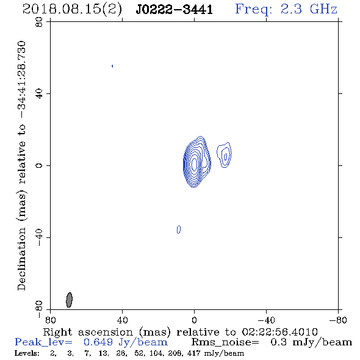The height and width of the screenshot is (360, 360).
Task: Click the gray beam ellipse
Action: (69, 300)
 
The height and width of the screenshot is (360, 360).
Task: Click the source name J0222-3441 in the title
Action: (175, 10)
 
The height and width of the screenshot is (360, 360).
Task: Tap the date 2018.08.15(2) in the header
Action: (72, 10)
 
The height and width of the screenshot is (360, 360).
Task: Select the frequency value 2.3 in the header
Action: (291, 9)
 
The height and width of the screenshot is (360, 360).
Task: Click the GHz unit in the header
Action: (323, 9)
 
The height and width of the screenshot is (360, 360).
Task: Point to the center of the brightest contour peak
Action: (195, 164)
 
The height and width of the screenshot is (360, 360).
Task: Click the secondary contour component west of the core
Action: (225, 155)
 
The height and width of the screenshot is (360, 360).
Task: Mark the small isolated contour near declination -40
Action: (179, 229)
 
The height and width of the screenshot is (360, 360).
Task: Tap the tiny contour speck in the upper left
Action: (112, 66)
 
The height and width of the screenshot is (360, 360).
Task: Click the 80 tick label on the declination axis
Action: (39, 22)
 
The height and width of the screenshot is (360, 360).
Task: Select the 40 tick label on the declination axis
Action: (39, 94)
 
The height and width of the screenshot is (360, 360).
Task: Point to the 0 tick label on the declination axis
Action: (39, 165)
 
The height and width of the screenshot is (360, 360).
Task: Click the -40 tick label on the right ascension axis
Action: (266, 320)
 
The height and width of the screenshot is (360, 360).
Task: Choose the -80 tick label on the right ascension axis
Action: (338, 320)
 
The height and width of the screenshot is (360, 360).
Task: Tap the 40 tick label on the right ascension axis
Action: (122, 320)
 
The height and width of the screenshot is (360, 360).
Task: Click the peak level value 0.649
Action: (98, 342)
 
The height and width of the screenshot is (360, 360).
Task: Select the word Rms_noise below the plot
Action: (225, 342)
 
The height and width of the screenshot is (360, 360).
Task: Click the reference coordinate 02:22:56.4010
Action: (280, 332)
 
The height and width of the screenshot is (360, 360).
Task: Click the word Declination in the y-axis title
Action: (21, 259)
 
